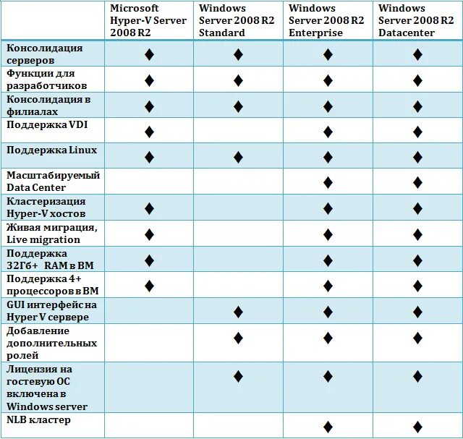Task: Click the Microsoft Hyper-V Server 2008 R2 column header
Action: point(148,20)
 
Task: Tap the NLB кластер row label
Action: point(39,420)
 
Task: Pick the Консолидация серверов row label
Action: point(45,54)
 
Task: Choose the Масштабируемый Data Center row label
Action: point(53,182)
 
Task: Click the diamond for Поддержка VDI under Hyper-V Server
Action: point(149,132)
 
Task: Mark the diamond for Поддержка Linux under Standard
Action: point(238,157)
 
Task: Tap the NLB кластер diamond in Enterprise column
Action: point(328,427)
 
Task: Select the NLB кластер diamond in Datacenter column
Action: point(417,427)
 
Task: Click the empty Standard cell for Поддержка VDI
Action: point(238,131)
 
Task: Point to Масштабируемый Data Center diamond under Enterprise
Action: point(328,182)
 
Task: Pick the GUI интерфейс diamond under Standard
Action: point(238,312)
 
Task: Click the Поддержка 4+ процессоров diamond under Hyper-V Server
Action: point(149,286)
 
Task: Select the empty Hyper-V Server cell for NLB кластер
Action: point(149,425)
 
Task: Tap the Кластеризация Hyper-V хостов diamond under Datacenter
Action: point(417,208)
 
